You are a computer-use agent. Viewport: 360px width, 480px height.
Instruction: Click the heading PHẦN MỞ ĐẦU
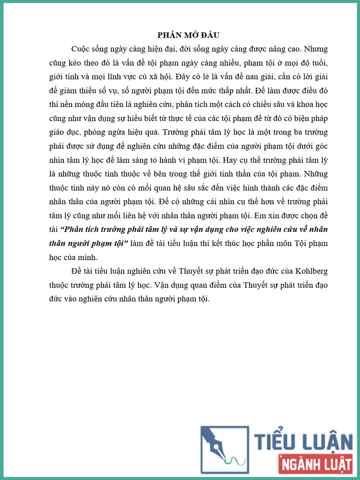188,36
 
